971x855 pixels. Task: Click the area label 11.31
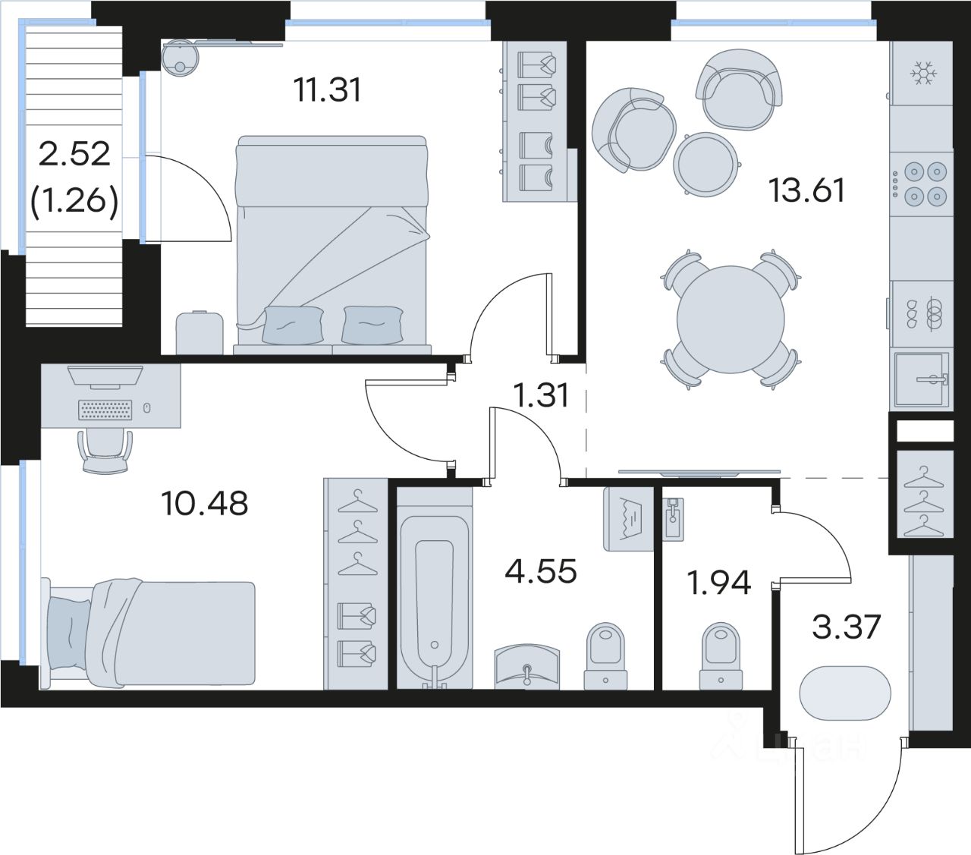[x=328, y=90]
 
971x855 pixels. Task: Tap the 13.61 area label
[x=806, y=190]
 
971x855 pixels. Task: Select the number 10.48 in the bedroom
[x=205, y=503]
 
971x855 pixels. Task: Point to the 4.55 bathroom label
[x=541, y=571]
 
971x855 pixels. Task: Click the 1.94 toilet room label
[x=719, y=583]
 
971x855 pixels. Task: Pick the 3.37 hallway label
[x=847, y=627]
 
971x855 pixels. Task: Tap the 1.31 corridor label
[x=542, y=396]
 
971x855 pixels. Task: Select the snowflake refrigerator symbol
[x=923, y=74]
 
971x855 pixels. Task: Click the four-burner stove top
[x=922, y=184]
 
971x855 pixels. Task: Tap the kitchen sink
[x=922, y=379]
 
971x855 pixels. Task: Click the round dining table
[x=731, y=319]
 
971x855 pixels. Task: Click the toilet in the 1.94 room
[x=721, y=656]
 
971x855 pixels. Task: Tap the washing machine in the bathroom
[x=628, y=520]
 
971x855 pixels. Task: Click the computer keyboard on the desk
[x=105, y=410]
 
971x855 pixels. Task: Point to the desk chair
[x=105, y=451]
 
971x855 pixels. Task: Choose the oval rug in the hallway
[x=845, y=693]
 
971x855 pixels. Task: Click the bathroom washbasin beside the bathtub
[x=527, y=665]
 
